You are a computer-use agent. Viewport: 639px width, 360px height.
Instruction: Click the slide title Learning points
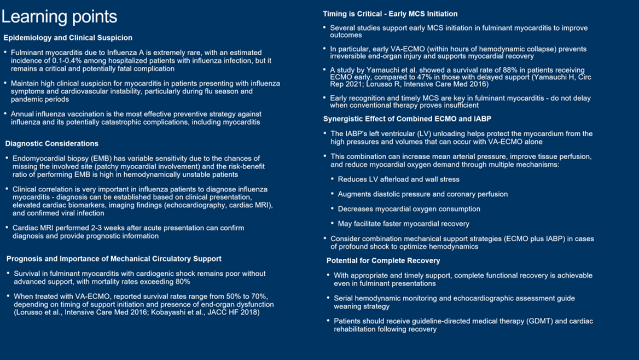(59, 16)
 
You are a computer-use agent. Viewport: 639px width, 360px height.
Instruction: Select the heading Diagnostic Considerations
(52, 143)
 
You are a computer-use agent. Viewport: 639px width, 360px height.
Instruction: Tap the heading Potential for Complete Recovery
(383, 260)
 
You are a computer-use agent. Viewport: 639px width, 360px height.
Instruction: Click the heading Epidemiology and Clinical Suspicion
(68, 38)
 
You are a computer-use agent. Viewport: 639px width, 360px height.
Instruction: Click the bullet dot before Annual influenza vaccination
(5, 114)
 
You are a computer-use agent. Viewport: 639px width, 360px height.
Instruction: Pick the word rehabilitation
(359, 329)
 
